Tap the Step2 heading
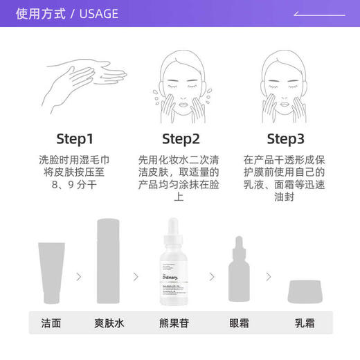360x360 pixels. click(180, 137)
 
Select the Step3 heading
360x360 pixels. click(285, 137)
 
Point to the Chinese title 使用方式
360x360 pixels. click(42, 14)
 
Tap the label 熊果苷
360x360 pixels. click(179, 323)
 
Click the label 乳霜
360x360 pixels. click(305, 323)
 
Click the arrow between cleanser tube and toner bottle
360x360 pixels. click(79, 276)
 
